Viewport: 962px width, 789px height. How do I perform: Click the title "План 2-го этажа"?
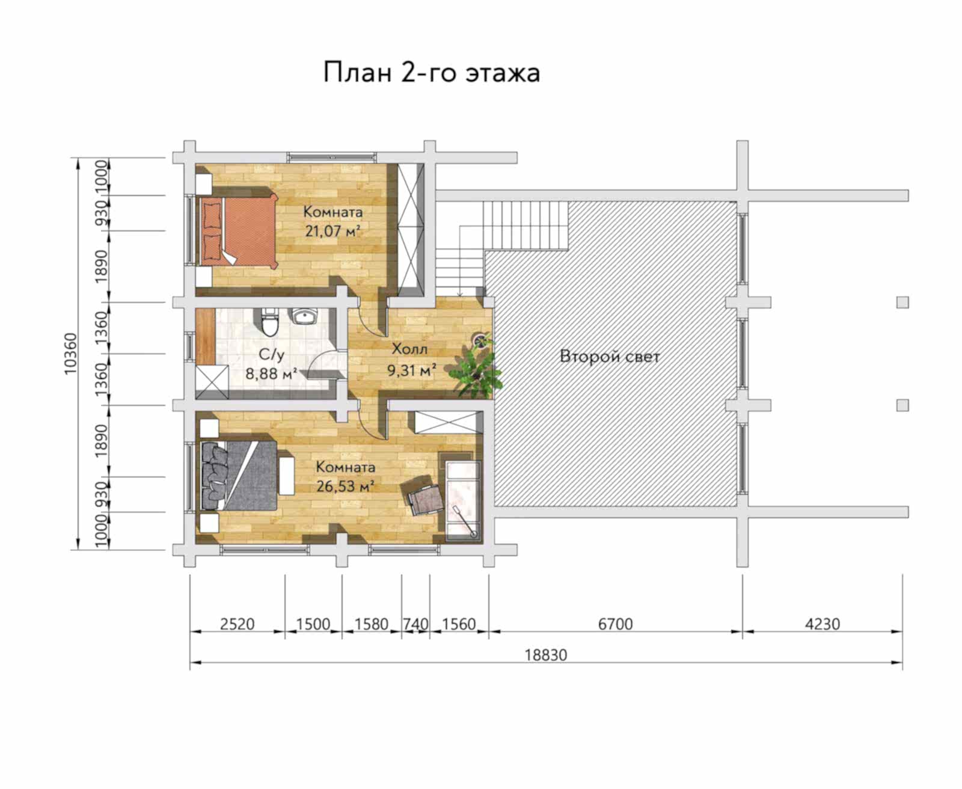pyautogui.click(x=432, y=73)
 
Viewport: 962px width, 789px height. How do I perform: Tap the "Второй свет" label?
pyautogui.click(x=610, y=357)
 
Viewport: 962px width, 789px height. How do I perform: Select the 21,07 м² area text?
pyautogui.click(x=333, y=232)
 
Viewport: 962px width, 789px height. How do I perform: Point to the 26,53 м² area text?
pyautogui.click(x=345, y=487)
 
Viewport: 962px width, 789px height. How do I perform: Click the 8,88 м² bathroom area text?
pyautogui.click(x=271, y=373)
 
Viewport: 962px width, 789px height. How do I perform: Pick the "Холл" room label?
pyautogui.click(x=409, y=349)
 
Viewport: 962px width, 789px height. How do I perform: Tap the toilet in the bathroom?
pyautogui.click(x=270, y=321)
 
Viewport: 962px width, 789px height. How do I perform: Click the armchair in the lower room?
pyautogui.click(x=423, y=495)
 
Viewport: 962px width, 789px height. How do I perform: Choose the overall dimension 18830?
pyautogui.click(x=545, y=655)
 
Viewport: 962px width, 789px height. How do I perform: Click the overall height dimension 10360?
pyautogui.click(x=71, y=354)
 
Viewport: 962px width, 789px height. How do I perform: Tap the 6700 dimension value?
pyautogui.click(x=615, y=624)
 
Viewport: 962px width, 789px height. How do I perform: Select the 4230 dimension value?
pyautogui.click(x=822, y=624)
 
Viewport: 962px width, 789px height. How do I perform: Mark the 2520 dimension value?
pyautogui.click(x=237, y=624)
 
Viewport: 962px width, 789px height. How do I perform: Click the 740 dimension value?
pyautogui.click(x=415, y=624)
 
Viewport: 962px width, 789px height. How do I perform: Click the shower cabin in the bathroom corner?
pyautogui.click(x=212, y=382)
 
